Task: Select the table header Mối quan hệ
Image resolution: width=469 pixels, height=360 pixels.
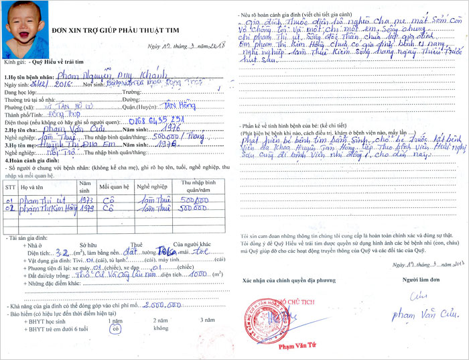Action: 113,184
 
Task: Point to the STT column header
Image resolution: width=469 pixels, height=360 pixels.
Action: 10,186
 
